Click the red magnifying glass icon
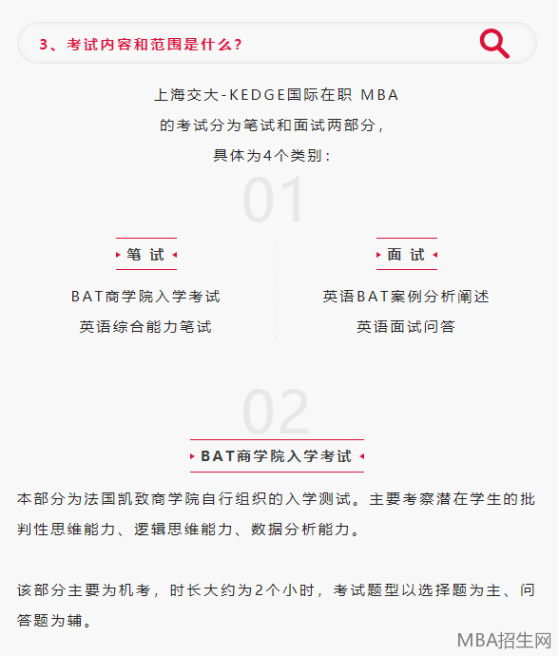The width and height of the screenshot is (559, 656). pyautogui.click(x=494, y=44)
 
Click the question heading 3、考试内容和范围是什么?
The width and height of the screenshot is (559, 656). pyautogui.click(x=141, y=45)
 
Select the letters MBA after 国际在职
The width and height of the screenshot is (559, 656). pyautogui.click(x=379, y=95)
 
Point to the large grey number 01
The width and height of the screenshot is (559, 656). pyautogui.click(x=273, y=200)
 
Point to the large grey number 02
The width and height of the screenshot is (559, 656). pyautogui.click(x=276, y=412)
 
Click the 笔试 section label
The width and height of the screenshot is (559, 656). pyautogui.click(x=145, y=255)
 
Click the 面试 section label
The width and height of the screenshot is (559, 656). pyautogui.click(x=406, y=255)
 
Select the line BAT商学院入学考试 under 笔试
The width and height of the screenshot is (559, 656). pyautogui.click(x=145, y=297)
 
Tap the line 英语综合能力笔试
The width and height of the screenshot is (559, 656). pyautogui.click(x=145, y=327)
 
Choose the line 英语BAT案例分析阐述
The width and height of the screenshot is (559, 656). pyautogui.click(x=406, y=297)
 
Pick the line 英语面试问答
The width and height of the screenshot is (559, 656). pyautogui.click(x=406, y=327)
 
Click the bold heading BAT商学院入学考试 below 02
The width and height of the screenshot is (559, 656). pyautogui.click(x=276, y=456)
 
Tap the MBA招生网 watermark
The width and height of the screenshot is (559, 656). pyautogui.click(x=504, y=641)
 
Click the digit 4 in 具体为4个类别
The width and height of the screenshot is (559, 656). pyautogui.click(x=268, y=156)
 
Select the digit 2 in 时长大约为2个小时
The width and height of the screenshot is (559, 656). pyautogui.click(x=259, y=590)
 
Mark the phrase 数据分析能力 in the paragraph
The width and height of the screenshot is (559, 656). pyautogui.click(x=300, y=530)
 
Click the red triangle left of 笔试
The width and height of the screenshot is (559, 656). pyautogui.click(x=118, y=255)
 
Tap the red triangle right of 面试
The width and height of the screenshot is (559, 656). pyautogui.click(x=435, y=255)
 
